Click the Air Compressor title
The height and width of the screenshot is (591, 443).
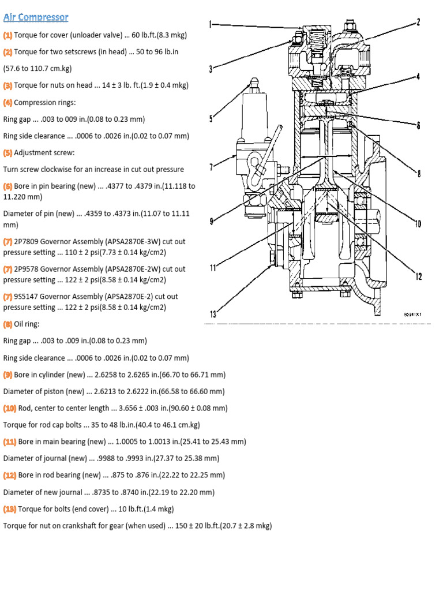click(x=36, y=17)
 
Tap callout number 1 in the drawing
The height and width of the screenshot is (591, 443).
click(x=211, y=25)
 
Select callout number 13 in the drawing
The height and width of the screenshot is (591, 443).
click(x=213, y=315)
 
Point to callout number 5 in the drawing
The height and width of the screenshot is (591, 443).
click(x=211, y=119)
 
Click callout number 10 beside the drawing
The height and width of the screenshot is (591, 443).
click(x=418, y=224)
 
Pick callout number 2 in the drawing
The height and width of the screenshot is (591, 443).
click(x=418, y=23)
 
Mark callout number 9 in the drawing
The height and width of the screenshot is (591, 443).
click(x=212, y=220)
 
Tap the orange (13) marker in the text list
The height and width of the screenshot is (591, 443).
click(x=10, y=509)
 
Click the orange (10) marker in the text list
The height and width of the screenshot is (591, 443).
click(x=10, y=408)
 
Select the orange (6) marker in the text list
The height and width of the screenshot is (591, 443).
click(x=7, y=186)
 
